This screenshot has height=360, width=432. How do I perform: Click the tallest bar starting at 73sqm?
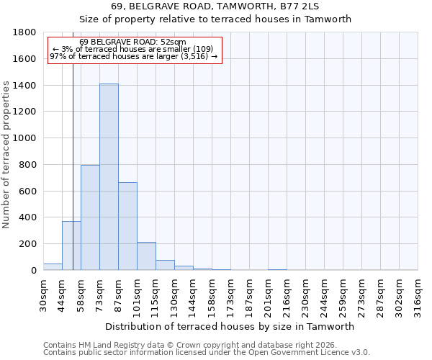[109, 177]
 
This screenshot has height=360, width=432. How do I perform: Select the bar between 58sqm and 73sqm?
[90, 217]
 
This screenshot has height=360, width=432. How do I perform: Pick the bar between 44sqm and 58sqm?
[71, 246]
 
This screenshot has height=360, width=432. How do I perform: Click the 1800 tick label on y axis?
[24, 32]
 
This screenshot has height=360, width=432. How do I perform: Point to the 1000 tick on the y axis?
[24, 138]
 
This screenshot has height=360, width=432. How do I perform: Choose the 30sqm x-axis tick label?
[43, 295]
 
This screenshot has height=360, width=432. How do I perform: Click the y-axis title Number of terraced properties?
[7, 155]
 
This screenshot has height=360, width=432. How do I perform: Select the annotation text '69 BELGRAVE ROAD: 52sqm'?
[132, 42]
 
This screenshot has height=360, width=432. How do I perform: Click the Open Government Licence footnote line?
[207, 353]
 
